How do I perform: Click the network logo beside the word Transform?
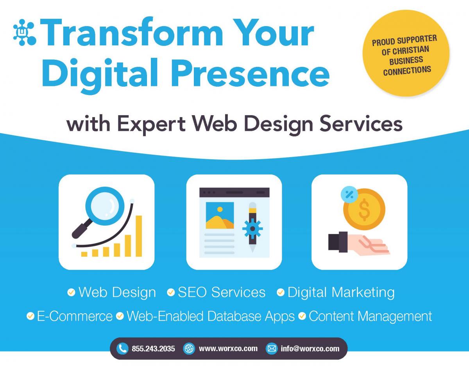click(25, 32)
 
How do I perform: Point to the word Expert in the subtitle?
click(152, 125)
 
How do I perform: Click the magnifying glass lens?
click(105, 206)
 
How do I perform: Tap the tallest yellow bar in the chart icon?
click(139, 236)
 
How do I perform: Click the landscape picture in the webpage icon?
click(220, 216)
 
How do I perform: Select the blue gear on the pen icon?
click(252, 229)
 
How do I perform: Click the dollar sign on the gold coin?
click(364, 209)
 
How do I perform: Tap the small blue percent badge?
click(349, 195)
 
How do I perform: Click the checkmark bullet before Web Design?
click(71, 293)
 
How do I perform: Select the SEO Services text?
click(222, 293)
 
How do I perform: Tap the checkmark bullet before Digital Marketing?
click(281, 293)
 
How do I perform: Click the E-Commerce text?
click(75, 316)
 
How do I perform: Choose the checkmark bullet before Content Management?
click(302, 316)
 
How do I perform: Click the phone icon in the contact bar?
click(122, 348)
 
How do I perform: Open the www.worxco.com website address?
click(228, 348)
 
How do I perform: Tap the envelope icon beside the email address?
click(272, 348)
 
